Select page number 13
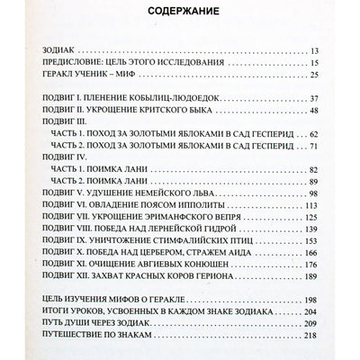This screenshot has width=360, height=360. click(x=312, y=51)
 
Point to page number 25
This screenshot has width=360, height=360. click(x=312, y=77)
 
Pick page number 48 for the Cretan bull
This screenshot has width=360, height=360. click(x=312, y=112)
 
